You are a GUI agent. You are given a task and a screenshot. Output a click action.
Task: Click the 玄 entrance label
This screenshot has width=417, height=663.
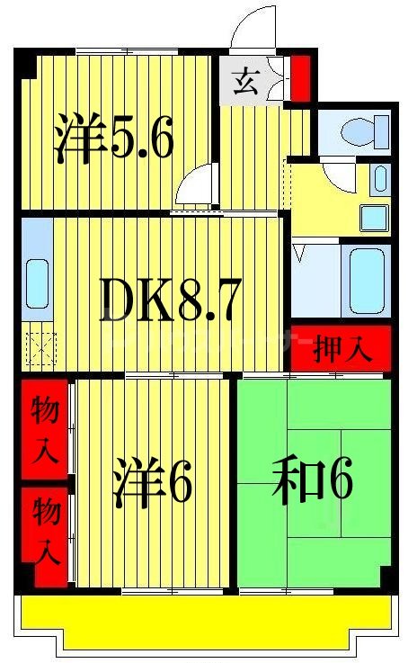point(244,83)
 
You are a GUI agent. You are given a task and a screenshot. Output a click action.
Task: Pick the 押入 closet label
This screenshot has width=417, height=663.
point(342,350)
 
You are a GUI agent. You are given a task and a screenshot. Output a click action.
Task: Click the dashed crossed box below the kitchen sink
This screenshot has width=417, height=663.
point(40,346)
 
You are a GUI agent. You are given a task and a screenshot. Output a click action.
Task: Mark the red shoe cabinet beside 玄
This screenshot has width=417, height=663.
point(301,77)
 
